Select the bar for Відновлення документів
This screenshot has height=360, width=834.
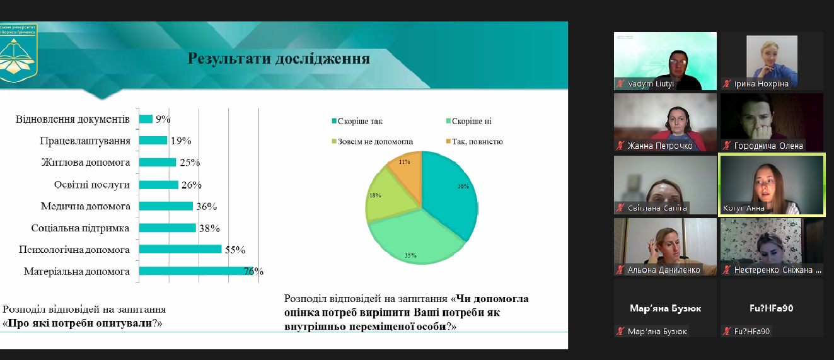click(x=146, y=119)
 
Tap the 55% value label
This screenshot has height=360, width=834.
click(x=235, y=250)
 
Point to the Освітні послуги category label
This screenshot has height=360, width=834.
click(x=92, y=185)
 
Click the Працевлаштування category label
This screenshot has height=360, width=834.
click(x=85, y=141)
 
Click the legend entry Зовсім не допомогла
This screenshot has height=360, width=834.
click(x=371, y=142)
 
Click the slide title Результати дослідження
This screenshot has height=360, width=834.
click(x=279, y=59)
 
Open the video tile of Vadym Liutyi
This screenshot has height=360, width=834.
click(x=665, y=61)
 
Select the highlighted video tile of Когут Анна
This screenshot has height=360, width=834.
click(x=772, y=185)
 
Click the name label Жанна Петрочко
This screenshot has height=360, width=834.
click(x=659, y=146)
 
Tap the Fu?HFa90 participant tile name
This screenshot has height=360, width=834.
click(x=772, y=309)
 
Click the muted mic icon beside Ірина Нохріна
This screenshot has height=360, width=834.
click(x=727, y=84)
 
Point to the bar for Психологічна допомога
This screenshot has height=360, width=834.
click(x=180, y=249)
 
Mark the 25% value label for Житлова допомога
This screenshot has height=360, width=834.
click(x=189, y=163)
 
